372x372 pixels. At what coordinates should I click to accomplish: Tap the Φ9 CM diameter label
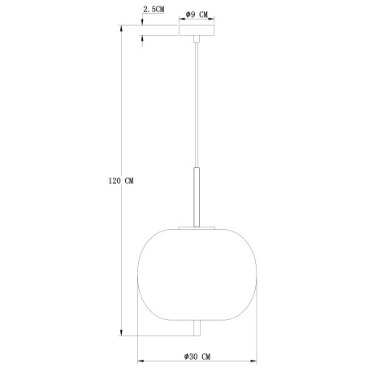pos(197,14)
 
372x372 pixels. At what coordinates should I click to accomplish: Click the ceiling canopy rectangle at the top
pos(197,31)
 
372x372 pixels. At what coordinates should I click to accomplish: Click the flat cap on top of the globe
pos(197,227)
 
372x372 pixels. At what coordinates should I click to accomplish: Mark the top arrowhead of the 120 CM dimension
pos(122,28)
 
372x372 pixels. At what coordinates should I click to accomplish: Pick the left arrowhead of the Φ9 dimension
pos(182,20)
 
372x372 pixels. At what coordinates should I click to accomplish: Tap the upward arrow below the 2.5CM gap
pos(143,40)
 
